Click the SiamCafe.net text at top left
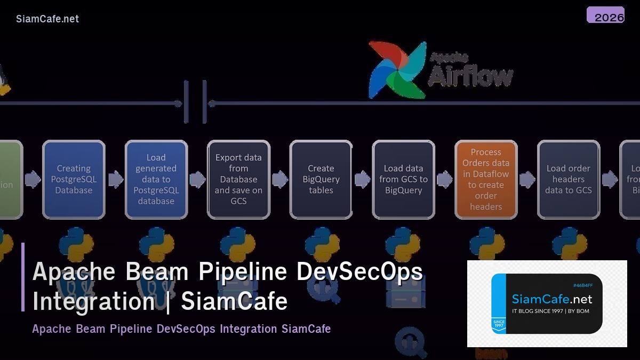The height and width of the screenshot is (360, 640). coord(47,19)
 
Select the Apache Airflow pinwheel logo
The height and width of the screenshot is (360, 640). coord(398,69)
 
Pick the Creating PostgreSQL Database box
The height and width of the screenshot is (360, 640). coord(74,179)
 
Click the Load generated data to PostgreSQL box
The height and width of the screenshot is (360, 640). coord(156,179)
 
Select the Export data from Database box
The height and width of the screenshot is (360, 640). coord(238,179)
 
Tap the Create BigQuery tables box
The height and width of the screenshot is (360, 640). coord(321,179)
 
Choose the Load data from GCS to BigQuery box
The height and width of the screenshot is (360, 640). coord(403,179)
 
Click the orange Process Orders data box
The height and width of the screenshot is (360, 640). coord(486,179)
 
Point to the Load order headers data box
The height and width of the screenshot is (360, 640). coord(569,179)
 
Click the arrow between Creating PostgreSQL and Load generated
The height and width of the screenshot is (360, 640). coord(115,180)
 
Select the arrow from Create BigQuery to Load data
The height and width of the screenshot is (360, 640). coord(363,180)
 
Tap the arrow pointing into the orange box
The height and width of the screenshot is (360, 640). coord(445,180)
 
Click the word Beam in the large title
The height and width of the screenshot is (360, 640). coord(157,271)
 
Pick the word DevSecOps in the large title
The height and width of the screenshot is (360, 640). coord(359,271)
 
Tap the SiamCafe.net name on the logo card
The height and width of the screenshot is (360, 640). coord(552,299)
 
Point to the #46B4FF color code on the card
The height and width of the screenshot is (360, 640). coord(583,285)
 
